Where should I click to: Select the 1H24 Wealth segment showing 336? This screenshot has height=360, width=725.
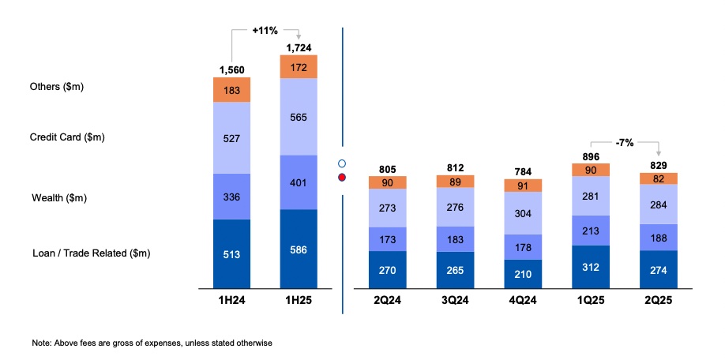pos(231,196)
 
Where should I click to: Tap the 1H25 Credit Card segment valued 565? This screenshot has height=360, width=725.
pos(299,116)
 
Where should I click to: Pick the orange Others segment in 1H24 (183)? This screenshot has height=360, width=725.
pos(231,89)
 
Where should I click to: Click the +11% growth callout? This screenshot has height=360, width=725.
pos(265,30)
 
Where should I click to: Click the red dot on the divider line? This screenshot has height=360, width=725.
pos(342,177)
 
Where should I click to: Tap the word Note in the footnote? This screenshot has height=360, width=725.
pos(41,343)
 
